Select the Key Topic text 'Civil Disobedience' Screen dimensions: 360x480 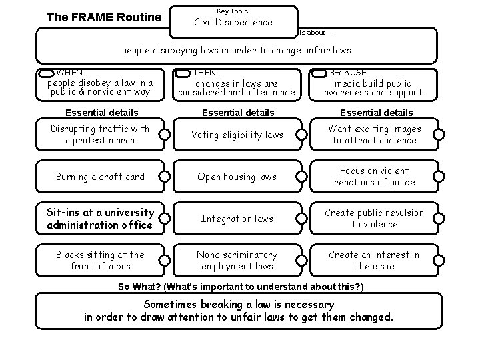click(233, 22)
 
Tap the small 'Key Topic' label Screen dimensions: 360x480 click(233, 11)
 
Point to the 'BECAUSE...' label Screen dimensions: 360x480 click(351, 72)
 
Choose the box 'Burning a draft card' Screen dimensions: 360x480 click(100, 177)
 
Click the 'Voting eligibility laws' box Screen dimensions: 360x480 click(237, 135)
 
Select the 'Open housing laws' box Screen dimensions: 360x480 click(237, 177)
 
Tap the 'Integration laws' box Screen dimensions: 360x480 click(237, 219)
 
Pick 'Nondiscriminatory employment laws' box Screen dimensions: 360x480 click(237, 261)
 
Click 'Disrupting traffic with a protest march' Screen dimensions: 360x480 click(100, 135)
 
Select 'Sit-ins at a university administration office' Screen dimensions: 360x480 click(100, 219)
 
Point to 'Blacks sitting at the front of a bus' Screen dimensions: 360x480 click(100, 261)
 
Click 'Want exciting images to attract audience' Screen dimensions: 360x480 click(374, 135)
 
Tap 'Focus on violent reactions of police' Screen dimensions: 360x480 click(374, 177)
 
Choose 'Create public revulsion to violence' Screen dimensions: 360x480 click(374, 219)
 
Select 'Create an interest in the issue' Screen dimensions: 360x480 click(374, 261)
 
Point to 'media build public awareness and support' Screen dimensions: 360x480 click(373, 88)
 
